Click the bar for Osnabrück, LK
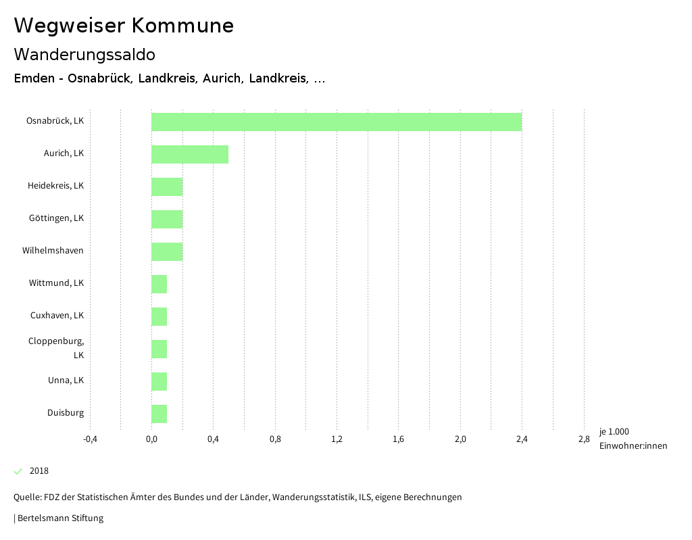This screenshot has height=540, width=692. click(336, 122)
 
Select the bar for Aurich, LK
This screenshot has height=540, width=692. click(189, 154)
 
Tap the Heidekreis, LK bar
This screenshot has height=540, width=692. click(166, 187)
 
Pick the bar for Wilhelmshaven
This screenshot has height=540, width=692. click(166, 251)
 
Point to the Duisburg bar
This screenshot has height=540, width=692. click(159, 414)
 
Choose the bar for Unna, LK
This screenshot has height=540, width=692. click(159, 381)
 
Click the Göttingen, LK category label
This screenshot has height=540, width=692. click(56, 218)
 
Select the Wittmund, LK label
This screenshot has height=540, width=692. click(56, 283)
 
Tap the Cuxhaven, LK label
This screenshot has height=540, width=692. click(57, 316)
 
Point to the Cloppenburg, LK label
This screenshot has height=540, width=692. click(57, 347)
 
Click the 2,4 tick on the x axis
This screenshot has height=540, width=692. click(522, 440)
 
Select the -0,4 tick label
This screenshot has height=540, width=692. click(90, 440)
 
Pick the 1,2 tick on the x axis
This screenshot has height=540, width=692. click(337, 440)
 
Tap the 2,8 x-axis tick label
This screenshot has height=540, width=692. click(583, 440)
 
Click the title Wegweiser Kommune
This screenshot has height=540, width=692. click(124, 26)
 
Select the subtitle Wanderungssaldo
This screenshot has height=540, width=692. click(84, 55)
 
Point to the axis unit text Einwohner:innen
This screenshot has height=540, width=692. click(633, 445)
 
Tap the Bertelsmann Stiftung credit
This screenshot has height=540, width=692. click(60, 518)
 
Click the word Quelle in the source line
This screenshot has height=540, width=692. click(26, 497)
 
